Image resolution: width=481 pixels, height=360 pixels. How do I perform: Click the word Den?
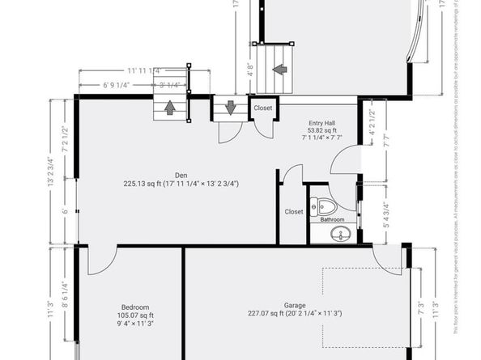click(x=181, y=174)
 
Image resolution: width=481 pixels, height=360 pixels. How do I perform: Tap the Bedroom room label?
click(x=135, y=307)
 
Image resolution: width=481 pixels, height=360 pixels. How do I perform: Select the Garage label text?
click(x=294, y=306)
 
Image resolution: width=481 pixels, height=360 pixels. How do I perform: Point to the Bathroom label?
click(x=332, y=219)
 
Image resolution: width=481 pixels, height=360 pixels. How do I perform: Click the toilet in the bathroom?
click(x=324, y=205)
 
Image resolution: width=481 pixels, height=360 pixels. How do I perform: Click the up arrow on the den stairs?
click(x=170, y=106)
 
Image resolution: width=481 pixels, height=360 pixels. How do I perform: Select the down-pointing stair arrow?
click(x=230, y=107)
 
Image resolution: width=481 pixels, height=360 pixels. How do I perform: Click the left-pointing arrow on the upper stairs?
click(x=279, y=69)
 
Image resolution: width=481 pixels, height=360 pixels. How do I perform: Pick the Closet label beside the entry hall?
click(x=263, y=108)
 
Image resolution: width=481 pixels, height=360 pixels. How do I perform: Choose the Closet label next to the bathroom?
click(x=294, y=212)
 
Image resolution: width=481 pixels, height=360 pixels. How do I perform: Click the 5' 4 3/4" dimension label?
click(x=372, y=215)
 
